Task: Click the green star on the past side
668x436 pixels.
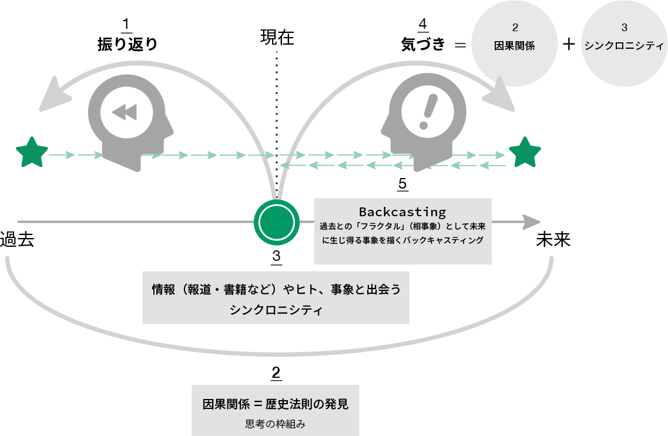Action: point(32,152)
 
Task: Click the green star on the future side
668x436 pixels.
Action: point(525,152)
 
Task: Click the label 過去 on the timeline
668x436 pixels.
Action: point(17,240)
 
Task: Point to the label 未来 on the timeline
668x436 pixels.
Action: point(553,240)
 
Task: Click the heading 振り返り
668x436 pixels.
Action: point(127,45)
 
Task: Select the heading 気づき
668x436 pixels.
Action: point(422,45)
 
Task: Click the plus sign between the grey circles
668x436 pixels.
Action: point(568,45)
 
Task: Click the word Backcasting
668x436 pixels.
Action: point(402,212)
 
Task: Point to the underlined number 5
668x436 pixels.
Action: point(402,184)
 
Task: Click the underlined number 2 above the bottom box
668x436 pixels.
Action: point(276,373)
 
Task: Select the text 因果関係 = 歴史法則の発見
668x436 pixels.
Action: point(276,404)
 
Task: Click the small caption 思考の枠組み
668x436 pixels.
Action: point(276,422)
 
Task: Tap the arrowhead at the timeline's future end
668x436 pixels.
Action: point(531,222)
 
